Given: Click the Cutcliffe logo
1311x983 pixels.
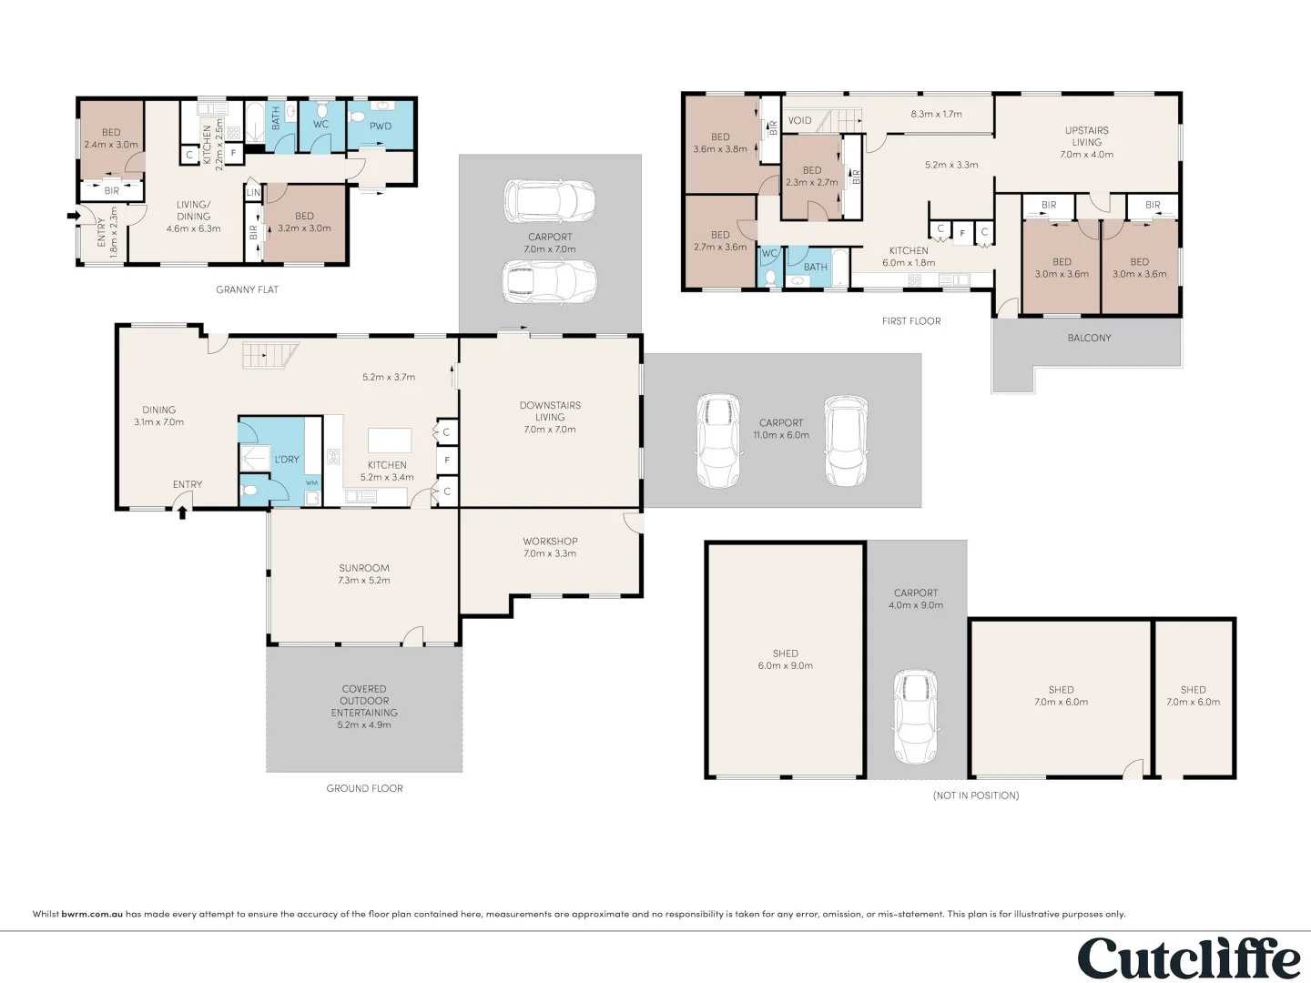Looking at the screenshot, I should pos(1188,958).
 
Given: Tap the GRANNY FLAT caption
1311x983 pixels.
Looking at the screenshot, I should pos(247,289).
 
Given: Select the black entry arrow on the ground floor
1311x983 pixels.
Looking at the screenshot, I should pos(182,512).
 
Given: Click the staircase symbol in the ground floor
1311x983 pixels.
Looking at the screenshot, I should pos(270,354).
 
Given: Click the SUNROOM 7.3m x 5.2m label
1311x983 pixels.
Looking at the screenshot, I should pos(364,574).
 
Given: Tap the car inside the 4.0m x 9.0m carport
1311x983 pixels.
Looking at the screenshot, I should pos(915,716).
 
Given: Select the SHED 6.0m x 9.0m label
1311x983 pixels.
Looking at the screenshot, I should pos(785,660).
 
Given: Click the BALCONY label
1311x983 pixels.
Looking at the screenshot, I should pos(1089,338).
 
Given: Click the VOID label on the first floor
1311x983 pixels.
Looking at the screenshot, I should pos(799,120).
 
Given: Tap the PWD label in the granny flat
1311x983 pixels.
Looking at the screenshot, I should pos(381,127).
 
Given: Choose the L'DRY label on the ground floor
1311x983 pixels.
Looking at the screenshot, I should pos(287,460).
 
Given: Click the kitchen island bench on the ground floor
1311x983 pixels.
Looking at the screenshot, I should pos(390,441).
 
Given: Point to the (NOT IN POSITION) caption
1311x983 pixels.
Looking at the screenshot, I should pos(976,796).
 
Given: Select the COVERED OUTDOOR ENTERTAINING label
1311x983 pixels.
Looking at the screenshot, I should pos(364,706).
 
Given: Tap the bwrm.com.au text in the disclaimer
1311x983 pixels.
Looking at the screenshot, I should pos(92,914).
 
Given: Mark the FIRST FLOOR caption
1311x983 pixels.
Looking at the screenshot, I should pos(911,321).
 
